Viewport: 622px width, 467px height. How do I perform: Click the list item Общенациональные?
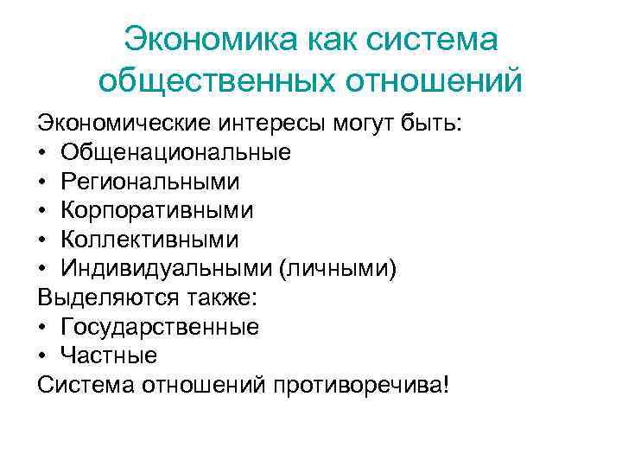click(x=175, y=153)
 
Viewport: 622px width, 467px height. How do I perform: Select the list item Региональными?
click(x=150, y=182)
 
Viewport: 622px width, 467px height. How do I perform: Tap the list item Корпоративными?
click(x=157, y=210)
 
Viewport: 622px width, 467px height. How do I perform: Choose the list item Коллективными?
click(x=149, y=239)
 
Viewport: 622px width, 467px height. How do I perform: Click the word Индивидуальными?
click(x=166, y=268)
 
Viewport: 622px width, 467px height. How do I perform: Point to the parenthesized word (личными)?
click(x=338, y=268)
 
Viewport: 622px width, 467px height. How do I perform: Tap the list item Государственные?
click(x=160, y=326)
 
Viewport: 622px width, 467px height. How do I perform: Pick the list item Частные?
click(x=109, y=355)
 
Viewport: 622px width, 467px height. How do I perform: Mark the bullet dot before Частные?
click(x=43, y=355)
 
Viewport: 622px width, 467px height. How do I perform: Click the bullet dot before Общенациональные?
click(x=43, y=154)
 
